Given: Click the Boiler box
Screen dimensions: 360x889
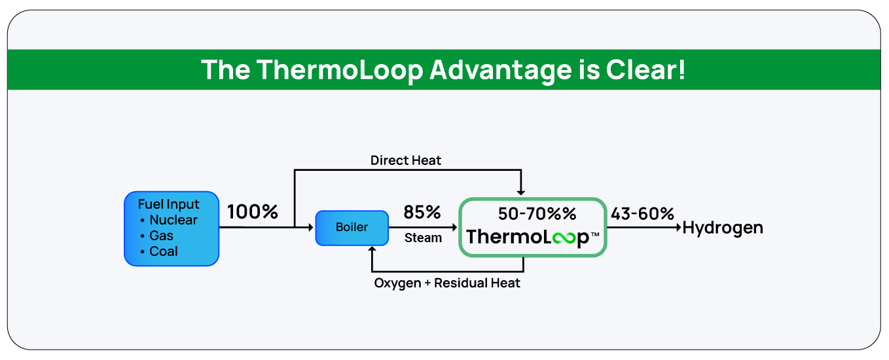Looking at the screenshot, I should (x=352, y=228).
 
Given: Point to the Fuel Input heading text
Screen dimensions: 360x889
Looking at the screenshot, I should (x=168, y=204).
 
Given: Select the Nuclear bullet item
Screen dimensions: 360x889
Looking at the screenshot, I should (x=173, y=220).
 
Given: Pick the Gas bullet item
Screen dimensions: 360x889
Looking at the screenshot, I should (x=161, y=236).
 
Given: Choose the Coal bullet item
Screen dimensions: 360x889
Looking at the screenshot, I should (x=163, y=251).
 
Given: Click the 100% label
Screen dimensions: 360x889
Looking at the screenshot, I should (x=253, y=212).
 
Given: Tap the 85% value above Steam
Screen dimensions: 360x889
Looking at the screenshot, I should (x=422, y=212).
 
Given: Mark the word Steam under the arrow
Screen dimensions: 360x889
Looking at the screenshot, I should (x=423, y=238).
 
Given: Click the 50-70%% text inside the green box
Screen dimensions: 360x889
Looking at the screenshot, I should (x=535, y=213).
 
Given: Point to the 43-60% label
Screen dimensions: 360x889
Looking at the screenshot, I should (x=642, y=213).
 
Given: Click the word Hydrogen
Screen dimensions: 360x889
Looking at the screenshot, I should (x=723, y=228).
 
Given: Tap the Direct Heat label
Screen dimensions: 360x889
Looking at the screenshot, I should (x=406, y=160).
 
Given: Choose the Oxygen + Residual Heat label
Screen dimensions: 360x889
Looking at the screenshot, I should (x=447, y=283).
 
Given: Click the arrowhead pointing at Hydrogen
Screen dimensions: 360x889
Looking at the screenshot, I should (x=678, y=228).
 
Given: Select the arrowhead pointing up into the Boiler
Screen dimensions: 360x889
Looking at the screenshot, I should (x=372, y=250).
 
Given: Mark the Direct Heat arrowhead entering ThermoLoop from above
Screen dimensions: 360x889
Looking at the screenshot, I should (x=520, y=191).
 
